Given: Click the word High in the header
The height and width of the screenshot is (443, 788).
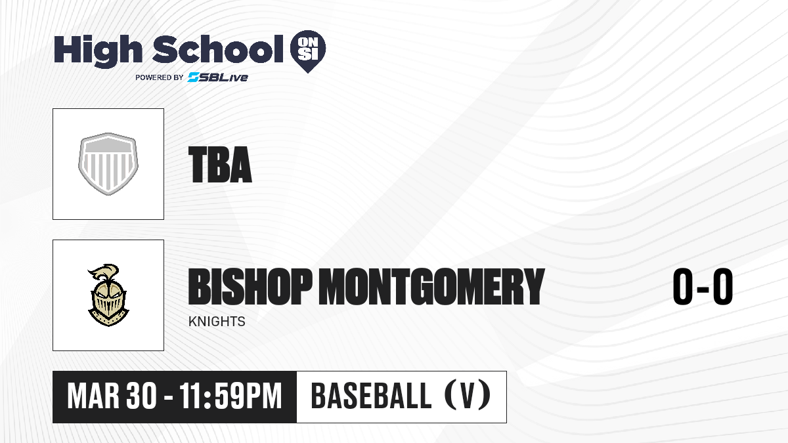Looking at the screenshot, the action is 98,51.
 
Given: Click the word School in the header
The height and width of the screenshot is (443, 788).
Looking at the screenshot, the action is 218,49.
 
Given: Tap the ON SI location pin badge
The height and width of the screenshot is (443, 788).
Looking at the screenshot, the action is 308,51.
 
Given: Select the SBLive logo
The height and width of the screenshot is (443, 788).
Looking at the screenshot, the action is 217,77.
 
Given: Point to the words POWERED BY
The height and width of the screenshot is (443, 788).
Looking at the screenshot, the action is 160,77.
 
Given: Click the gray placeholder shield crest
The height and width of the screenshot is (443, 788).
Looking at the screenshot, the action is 108,164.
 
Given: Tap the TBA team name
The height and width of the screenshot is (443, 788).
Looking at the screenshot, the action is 220,165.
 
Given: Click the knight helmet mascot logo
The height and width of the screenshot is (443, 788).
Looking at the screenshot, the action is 108,295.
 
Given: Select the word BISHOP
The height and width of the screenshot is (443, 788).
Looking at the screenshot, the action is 250,286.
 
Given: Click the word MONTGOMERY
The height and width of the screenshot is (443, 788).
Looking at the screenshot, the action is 431,286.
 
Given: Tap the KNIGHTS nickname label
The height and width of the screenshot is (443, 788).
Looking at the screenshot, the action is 217,322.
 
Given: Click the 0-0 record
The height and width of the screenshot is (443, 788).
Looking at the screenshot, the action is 703,286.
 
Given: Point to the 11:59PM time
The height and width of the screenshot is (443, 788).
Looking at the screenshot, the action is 230,396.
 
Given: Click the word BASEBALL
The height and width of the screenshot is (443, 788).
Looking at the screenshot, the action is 371,396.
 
